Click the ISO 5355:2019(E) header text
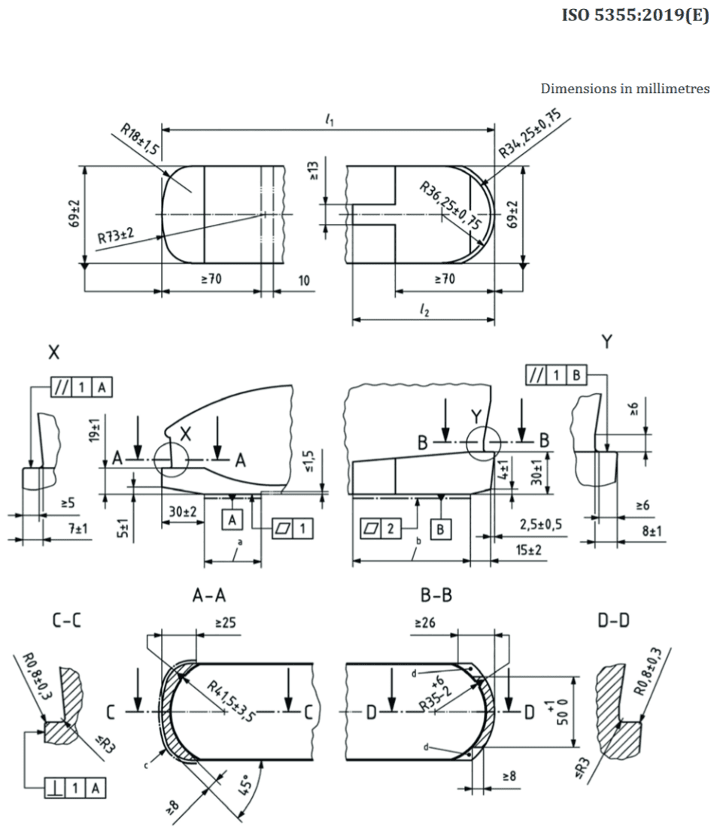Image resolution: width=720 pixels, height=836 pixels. pos(635,15)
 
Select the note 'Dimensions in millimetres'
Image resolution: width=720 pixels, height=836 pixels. pos(625,89)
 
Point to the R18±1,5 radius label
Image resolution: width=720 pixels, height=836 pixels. pos(140,139)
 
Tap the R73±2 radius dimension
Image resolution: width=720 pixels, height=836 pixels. pos(116,235)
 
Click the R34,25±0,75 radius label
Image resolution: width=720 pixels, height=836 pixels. pos(530,133)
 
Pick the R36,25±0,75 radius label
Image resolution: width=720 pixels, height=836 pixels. pos(451,205)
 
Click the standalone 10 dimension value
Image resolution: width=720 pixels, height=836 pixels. pos(304,280)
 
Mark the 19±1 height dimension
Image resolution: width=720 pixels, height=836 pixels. pos(95,430)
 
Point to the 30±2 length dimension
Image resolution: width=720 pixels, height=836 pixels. pos(183,511)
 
